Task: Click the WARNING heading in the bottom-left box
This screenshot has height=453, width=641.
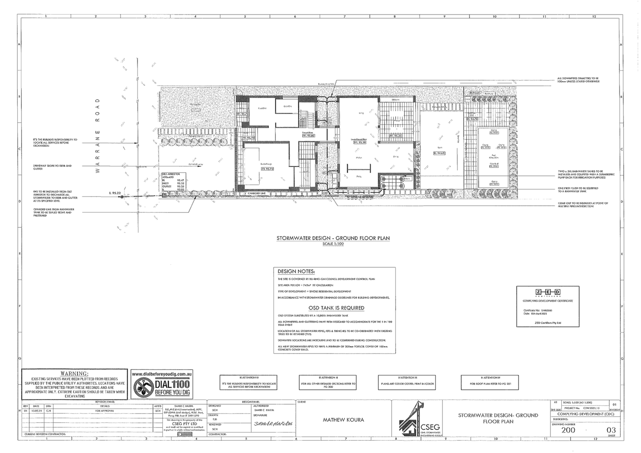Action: point(74,373)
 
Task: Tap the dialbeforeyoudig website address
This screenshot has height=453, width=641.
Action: point(162,374)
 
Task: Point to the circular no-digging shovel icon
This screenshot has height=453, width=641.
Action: point(143,387)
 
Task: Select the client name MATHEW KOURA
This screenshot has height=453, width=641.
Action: point(343,420)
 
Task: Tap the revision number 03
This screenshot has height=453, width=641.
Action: point(610,430)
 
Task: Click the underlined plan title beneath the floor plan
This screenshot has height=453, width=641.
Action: point(333,238)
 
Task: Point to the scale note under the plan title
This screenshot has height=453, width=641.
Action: point(333,244)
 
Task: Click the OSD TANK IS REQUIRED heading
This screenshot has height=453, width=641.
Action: point(336,308)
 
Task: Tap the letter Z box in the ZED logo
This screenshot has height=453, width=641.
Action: point(539,292)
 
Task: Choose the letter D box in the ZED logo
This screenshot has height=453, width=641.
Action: point(557,292)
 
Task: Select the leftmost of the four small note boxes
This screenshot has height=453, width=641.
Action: point(249,383)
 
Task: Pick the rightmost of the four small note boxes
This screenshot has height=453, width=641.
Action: point(490,383)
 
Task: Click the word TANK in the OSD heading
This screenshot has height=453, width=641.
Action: point(330,308)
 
